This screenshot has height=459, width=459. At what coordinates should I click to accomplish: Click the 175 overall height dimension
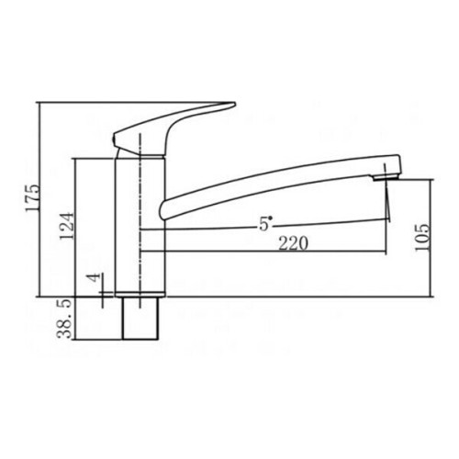click(33, 197)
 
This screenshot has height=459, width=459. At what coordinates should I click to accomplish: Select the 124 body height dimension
click(67, 226)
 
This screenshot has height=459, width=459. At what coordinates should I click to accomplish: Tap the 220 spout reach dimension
click(293, 243)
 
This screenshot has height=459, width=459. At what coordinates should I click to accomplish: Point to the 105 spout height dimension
click(422, 237)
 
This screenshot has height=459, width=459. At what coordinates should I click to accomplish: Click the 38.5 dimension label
click(65, 319)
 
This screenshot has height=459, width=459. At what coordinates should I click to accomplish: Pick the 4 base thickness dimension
click(95, 278)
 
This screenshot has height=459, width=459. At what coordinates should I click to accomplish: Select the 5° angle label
click(264, 224)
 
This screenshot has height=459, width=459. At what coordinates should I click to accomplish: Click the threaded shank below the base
click(140, 319)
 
